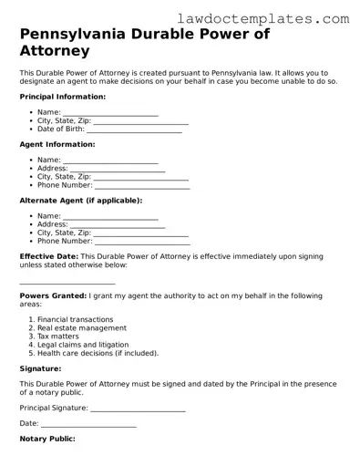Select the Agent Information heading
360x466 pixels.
click(x=57, y=144)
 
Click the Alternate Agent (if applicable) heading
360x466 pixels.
click(x=80, y=200)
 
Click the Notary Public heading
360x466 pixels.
click(x=46, y=440)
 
